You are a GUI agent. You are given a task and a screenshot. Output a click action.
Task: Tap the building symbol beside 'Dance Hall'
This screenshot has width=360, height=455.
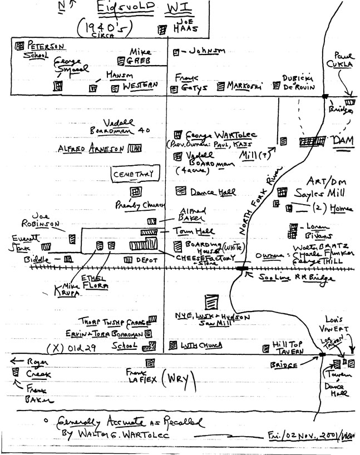click(x=180, y=191)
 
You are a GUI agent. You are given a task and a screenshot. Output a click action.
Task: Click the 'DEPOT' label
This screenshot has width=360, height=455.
click(x=147, y=260)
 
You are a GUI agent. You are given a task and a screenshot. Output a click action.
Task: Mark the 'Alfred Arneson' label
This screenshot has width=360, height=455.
click(x=91, y=149)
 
